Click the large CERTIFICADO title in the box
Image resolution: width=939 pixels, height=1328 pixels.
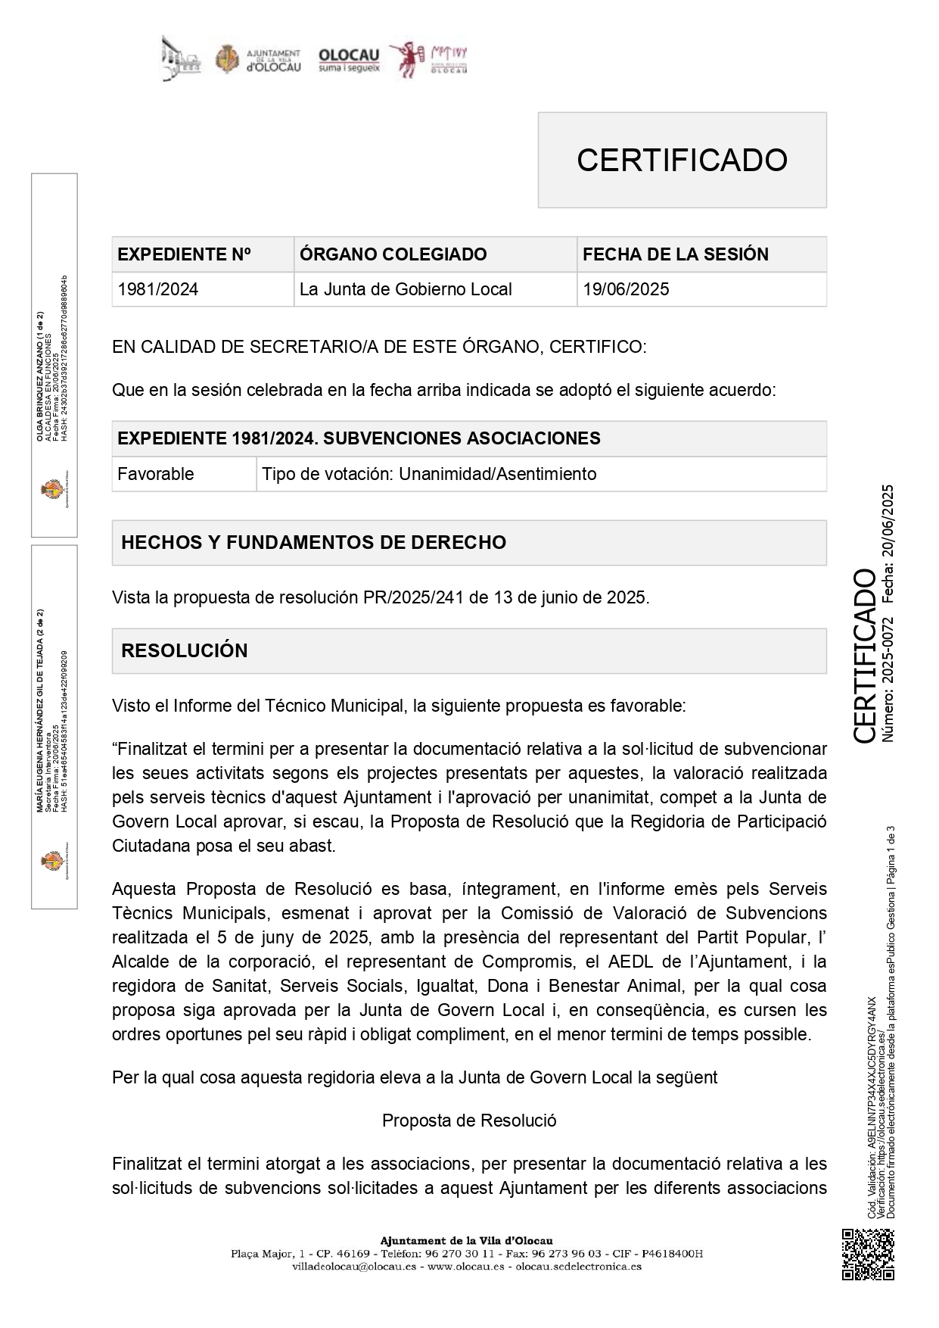coord(682,160)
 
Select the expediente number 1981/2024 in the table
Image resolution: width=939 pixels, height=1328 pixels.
coord(158,289)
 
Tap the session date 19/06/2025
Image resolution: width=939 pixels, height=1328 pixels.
coord(626,289)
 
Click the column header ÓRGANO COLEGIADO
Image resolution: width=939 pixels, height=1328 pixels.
coord(393,254)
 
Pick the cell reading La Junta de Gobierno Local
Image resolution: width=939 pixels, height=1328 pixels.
coord(406,289)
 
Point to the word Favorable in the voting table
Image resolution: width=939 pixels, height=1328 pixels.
coord(156,474)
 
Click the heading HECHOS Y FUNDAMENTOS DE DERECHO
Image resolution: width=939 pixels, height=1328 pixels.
coord(313,542)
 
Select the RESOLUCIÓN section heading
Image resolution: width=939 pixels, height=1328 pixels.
coord(185,650)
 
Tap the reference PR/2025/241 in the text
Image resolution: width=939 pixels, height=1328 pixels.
coord(413,597)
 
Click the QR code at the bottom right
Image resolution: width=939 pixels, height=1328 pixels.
coord(868,1255)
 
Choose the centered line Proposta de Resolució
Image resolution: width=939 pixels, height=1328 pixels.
coord(469,1120)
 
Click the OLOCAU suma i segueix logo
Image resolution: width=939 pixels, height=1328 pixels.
coord(349,60)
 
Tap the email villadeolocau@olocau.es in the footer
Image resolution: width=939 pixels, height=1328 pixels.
coord(355,1266)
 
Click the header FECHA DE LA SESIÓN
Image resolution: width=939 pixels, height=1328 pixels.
coord(675,254)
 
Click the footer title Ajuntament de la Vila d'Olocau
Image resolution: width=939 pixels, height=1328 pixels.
coord(466,1240)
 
